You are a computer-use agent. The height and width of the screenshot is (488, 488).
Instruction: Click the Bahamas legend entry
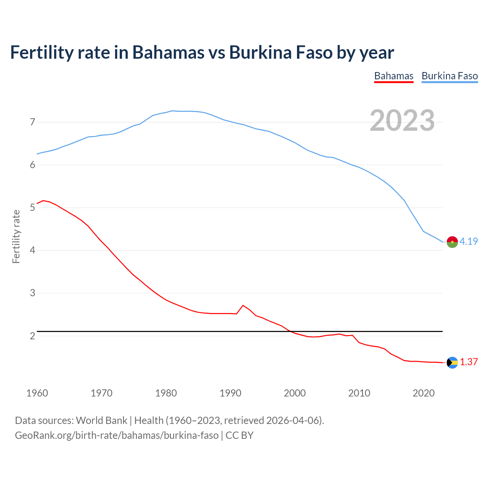click(393, 76)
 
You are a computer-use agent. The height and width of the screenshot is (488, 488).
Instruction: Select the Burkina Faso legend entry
click(449, 76)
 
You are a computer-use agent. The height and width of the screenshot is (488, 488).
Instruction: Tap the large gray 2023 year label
click(402, 120)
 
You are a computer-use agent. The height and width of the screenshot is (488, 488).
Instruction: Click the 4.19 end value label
click(469, 241)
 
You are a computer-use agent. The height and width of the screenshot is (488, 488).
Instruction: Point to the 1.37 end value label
click(469, 362)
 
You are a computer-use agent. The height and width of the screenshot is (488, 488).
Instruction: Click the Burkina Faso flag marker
click(452, 242)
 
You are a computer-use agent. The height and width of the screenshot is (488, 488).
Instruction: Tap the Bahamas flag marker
click(452, 363)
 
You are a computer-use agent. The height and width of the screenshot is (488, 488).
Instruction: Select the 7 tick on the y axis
click(32, 122)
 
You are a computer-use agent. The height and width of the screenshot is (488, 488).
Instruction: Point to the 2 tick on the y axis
click(32, 336)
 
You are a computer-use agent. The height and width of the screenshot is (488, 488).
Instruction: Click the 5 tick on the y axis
click(32, 208)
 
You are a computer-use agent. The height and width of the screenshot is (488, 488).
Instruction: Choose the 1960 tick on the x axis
click(37, 393)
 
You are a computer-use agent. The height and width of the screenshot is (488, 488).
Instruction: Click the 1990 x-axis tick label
click(230, 393)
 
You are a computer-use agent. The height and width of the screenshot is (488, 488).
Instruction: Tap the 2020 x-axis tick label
click(424, 393)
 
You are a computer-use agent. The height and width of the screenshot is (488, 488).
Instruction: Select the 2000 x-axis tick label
click(295, 393)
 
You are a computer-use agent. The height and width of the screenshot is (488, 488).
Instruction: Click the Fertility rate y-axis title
click(16, 236)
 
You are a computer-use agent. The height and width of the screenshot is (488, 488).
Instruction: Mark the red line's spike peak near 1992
click(243, 305)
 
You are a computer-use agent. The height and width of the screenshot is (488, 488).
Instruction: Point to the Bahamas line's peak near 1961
click(43, 201)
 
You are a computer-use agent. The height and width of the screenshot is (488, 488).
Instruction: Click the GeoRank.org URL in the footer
click(117, 435)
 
